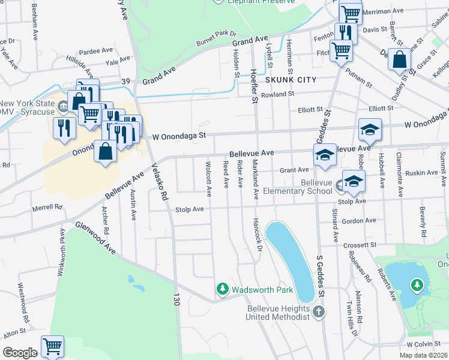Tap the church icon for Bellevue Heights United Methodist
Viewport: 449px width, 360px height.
pyautogui.click(x=319, y=311)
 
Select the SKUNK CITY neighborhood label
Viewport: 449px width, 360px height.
pyautogui.click(x=291, y=80)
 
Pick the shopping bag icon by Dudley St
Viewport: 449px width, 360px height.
pyautogui.click(x=399, y=61)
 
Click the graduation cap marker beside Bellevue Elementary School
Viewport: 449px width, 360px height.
pyautogui.click(x=354, y=181)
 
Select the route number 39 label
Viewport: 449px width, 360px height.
pyautogui.click(x=125, y=81)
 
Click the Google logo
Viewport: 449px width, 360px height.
pyautogui.click(x=20, y=353)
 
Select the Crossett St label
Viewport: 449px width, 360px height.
pyautogui.click(x=360, y=245)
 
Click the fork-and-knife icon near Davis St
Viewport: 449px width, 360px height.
pyautogui.click(x=344, y=32)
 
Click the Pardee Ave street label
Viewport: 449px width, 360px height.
pyautogui.click(x=96, y=50)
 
